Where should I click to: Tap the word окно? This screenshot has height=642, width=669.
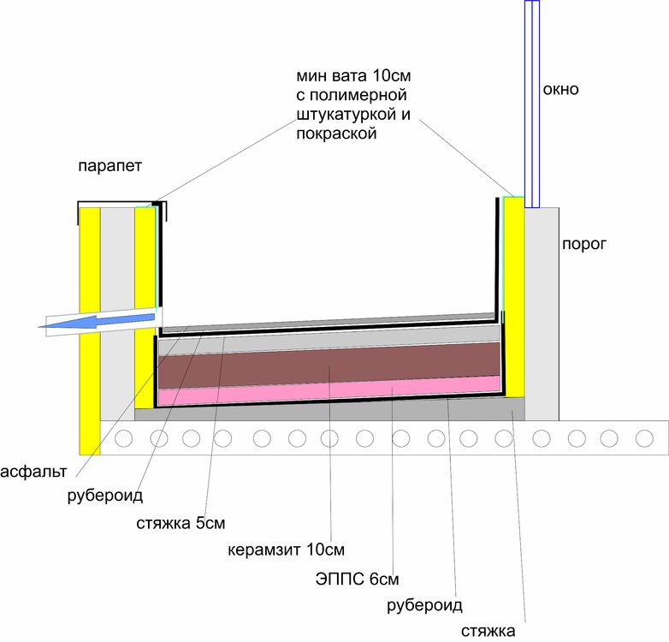click(x=560, y=89)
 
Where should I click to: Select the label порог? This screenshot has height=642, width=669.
click(x=583, y=244)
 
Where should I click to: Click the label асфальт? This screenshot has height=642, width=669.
click(x=34, y=472)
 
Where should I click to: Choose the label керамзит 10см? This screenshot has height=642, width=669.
click(x=285, y=548)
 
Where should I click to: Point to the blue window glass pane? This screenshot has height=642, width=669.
click(x=531, y=103)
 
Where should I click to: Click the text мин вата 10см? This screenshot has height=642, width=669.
click(x=346, y=75)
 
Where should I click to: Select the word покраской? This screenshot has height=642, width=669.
click(x=334, y=134)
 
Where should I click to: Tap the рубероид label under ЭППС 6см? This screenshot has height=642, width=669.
click(x=424, y=606)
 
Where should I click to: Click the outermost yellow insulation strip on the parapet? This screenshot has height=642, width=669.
click(x=89, y=330)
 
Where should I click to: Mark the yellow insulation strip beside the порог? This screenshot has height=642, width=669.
click(x=513, y=300)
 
